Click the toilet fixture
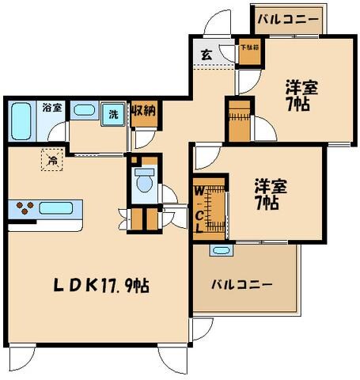tap(145, 180)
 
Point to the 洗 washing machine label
tap(114, 114)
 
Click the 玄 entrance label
tap(206, 56)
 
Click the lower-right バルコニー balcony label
tap(242, 285)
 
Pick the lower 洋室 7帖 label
tap(271, 195)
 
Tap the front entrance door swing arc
tap(214, 24)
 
